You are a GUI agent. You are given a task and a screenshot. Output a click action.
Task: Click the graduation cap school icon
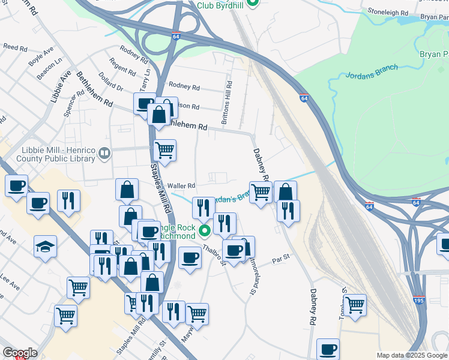pyautogui.click(x=45, y=247)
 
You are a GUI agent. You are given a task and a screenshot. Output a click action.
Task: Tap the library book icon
pyautogui.click(x=105, y=154)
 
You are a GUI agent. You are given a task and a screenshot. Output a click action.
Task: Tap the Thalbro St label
pyautogui.click(x=213, y=253)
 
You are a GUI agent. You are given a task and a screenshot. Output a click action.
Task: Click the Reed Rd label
pyautogui.click(x=12, y=46)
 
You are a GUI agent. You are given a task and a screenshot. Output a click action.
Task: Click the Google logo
pyautogui.click(x=20, y=353)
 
